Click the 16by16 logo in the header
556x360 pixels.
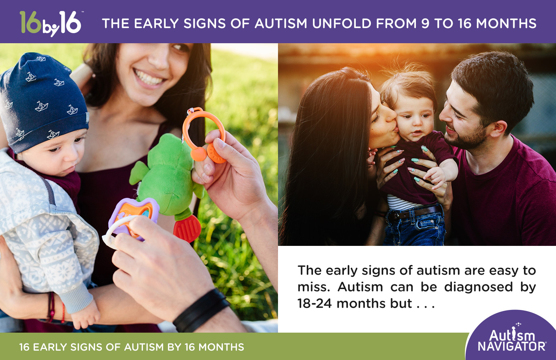(50, 23)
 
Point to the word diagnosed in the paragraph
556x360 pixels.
(478, 287)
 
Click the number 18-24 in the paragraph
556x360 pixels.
(314, 303)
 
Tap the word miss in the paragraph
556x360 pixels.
(313, 287)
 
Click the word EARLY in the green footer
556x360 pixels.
(50, 347)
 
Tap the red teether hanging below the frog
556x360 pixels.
(187, 228)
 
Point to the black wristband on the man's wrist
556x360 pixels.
(202, 310)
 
